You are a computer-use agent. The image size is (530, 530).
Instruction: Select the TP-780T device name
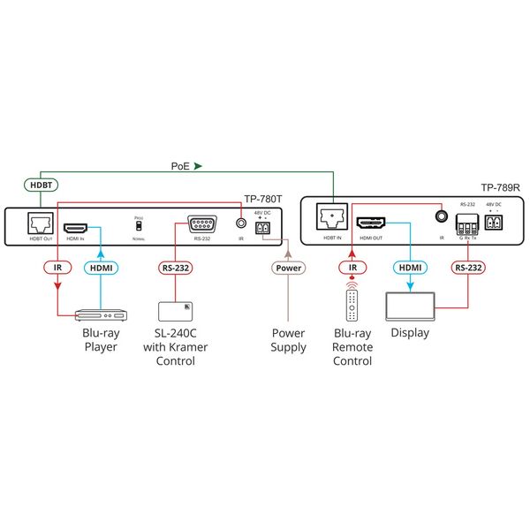[261, 200]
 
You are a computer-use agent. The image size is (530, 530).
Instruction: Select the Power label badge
[288, 267]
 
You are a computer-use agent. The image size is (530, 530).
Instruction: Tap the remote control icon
[352, 306]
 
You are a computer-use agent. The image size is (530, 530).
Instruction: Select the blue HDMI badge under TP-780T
[99, 267]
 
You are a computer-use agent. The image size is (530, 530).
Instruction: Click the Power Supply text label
[288, 340]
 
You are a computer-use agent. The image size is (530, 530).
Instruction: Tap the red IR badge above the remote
[352, 267]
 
